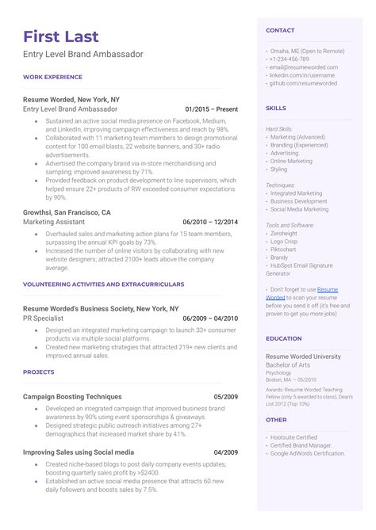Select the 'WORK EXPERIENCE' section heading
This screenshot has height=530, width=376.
point(52,77)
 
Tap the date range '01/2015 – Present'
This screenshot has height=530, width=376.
point(211,109)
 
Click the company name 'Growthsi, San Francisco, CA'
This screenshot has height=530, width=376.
point(67,213)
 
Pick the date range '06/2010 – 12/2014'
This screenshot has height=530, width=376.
point(209,223)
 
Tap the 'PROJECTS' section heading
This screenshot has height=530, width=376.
point(39,372)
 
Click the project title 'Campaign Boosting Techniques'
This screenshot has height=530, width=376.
point(72,396)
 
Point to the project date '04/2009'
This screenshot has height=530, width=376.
point(226,452)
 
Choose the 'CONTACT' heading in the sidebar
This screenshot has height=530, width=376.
point(280,30)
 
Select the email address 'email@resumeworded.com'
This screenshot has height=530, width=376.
point(303,67)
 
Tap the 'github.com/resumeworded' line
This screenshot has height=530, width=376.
point(303,82)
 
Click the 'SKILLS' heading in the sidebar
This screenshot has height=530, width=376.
point(276,108)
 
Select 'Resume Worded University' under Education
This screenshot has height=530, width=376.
point(302,357)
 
